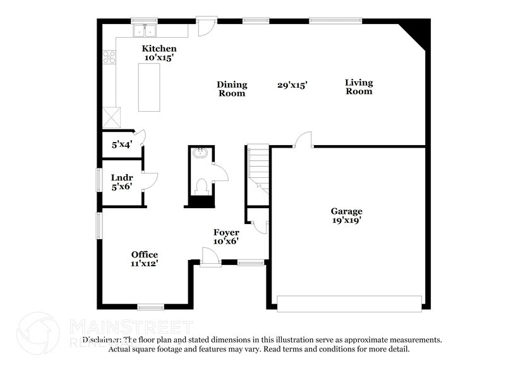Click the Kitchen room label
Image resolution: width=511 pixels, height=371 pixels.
[159, 49]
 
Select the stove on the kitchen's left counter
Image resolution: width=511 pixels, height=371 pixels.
[109, 57]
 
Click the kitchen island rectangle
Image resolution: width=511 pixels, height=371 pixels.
[149, 87]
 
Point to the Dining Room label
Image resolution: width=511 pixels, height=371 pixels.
[232, 89]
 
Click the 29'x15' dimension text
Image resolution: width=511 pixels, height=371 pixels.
[292, 85]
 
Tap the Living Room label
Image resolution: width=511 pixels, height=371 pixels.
[358, 87]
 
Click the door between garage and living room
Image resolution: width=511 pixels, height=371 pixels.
[304, 140]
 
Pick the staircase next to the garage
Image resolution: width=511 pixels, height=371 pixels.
[258, 169]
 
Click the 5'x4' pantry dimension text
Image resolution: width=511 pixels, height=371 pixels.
[121, 144]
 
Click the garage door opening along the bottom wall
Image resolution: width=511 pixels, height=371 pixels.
[349, 303]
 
